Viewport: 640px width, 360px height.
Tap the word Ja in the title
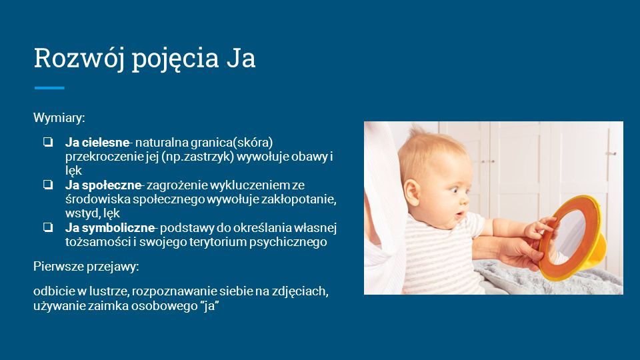[241, 58]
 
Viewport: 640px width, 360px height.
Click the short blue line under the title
[49, 88]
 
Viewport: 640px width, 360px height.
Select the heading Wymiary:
[59, 118]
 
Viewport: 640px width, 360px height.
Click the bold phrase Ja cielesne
[97, 143]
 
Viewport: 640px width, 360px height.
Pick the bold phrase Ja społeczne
[103, 185]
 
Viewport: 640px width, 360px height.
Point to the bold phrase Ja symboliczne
[110, 228]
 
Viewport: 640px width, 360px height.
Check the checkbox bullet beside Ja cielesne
[48, 142]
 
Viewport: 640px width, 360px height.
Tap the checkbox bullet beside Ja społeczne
[48, 185]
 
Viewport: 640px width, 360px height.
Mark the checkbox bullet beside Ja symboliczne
[48, 227]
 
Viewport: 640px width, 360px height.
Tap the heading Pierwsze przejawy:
[86, 267]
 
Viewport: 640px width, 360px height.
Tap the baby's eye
[456, 189]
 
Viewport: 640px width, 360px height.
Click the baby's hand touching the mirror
[539, 229]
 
